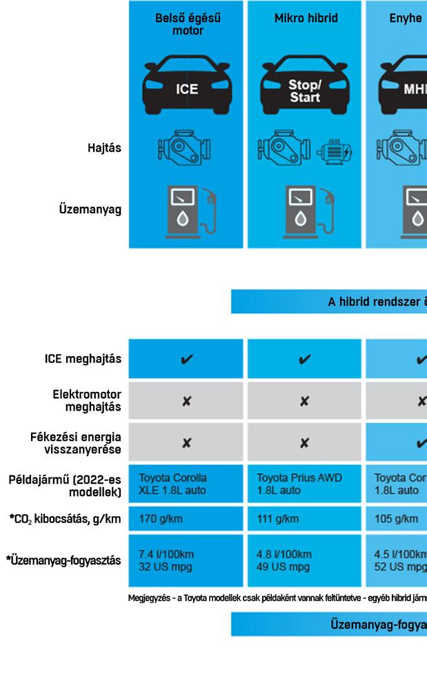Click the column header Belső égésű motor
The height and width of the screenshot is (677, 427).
tap(188, 24)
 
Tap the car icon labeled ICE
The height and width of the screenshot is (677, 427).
tap(186, 85)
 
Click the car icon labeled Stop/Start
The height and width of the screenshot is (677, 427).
tap(304, 86)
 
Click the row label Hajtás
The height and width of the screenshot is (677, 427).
tap(104, 147)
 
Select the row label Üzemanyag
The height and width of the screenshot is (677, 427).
tap(90, 210)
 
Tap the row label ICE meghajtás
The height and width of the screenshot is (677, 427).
tap(83, 359)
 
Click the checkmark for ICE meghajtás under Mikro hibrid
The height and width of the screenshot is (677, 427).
tap(304, 359)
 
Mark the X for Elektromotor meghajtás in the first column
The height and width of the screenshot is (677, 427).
tap(186, 401)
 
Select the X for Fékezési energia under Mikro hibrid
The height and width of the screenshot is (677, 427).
tap(304, 443)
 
